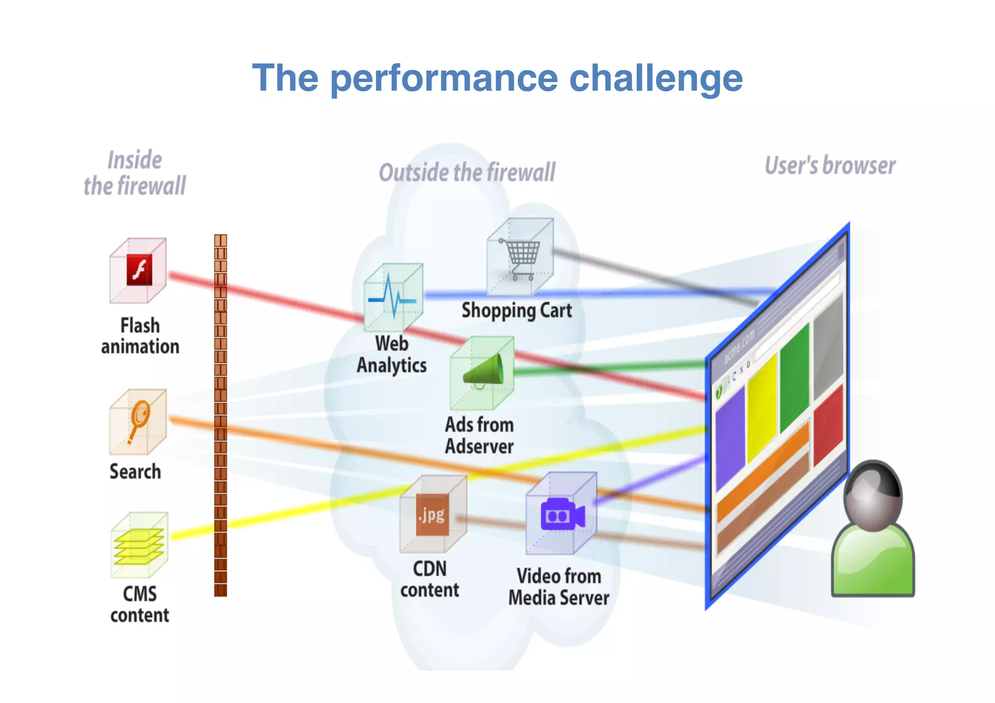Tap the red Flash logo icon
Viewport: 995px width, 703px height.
139,270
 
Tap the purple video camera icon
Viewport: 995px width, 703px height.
562,514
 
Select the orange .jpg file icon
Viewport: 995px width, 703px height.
432,515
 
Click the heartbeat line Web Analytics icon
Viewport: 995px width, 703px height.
393,296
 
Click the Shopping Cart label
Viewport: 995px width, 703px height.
516,310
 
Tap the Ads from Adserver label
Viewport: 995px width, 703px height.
479,435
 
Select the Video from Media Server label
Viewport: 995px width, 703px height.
559,587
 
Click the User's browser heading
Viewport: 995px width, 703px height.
830,166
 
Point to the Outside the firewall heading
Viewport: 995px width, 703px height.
467,173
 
